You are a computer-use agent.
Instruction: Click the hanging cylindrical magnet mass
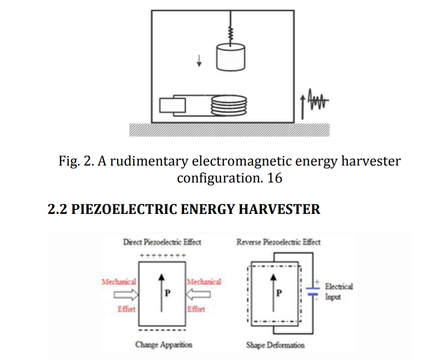(x=230, y=56)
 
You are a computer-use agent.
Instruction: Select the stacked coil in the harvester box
(x=229, y=105)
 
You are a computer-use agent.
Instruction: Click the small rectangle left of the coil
(x=172, y=105)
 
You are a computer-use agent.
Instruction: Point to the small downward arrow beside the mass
(x=200, y=60)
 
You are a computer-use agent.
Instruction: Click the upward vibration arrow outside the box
(x=302, y=106)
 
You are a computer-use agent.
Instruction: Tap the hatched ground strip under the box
(x=229, y=129)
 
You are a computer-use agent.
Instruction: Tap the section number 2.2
(x=57, y=209)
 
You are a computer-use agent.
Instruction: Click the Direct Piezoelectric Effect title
(x=162, y=242)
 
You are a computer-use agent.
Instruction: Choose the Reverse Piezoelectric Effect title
(x=278, y=242)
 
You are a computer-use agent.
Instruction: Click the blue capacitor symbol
(x=313, y=290)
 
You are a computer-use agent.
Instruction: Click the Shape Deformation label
(x=275, y=345)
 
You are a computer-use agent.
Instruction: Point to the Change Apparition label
(x=164, y=345)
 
